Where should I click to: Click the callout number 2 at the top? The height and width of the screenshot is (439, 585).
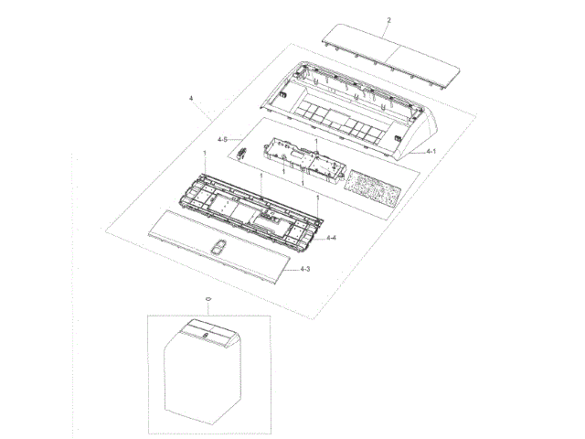coord(388,20)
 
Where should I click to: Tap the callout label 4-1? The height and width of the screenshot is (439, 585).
coord(431,151)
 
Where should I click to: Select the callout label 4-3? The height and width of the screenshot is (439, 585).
coord(304,269)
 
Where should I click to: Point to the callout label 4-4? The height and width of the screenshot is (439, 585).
coord(331,238)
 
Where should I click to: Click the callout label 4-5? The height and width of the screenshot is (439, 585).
coord(222,139)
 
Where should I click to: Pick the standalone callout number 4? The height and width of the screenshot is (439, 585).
coord(191,99)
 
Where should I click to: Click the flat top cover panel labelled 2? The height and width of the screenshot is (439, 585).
coord(390,57)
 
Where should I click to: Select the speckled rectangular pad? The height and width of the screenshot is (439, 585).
coord(372,188)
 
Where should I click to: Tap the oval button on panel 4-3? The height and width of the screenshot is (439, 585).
coord(218,247)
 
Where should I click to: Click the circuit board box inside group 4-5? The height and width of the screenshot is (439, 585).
coord(304,161)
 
